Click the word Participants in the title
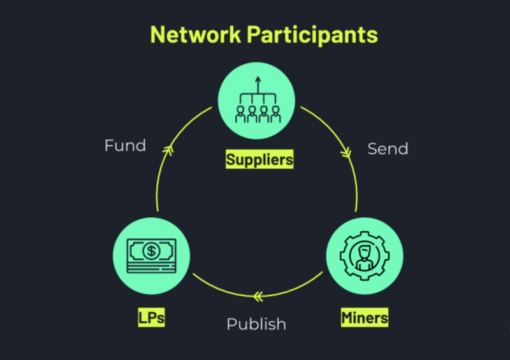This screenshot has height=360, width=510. pyautogui.click(x=314, y=36)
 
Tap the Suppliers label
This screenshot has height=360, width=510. pyautogui.click(x=259, y=159)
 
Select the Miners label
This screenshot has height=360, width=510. pyautogui.click(x=365, y=316)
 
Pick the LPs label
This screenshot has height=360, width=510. pyautogui.click(x=151, y=317)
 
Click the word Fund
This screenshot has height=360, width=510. pyautogui.click(x=125, y=146)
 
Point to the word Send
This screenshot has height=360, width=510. pyautogui.click(x=388, y=149)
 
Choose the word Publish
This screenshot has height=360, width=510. pyautogui.click(x=256, y=324)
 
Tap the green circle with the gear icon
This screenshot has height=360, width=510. pyautogui.click(x=365, y=257)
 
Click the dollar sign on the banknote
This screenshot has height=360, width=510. pyautogui.click(x=151, y=250)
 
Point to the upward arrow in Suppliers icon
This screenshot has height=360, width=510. pyautogui.click(x=258, y=82)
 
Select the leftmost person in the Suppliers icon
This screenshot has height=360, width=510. pyautogui.click(x=240, y=115)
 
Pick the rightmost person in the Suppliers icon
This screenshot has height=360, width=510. pyautogui.click(x=275, y=115)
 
